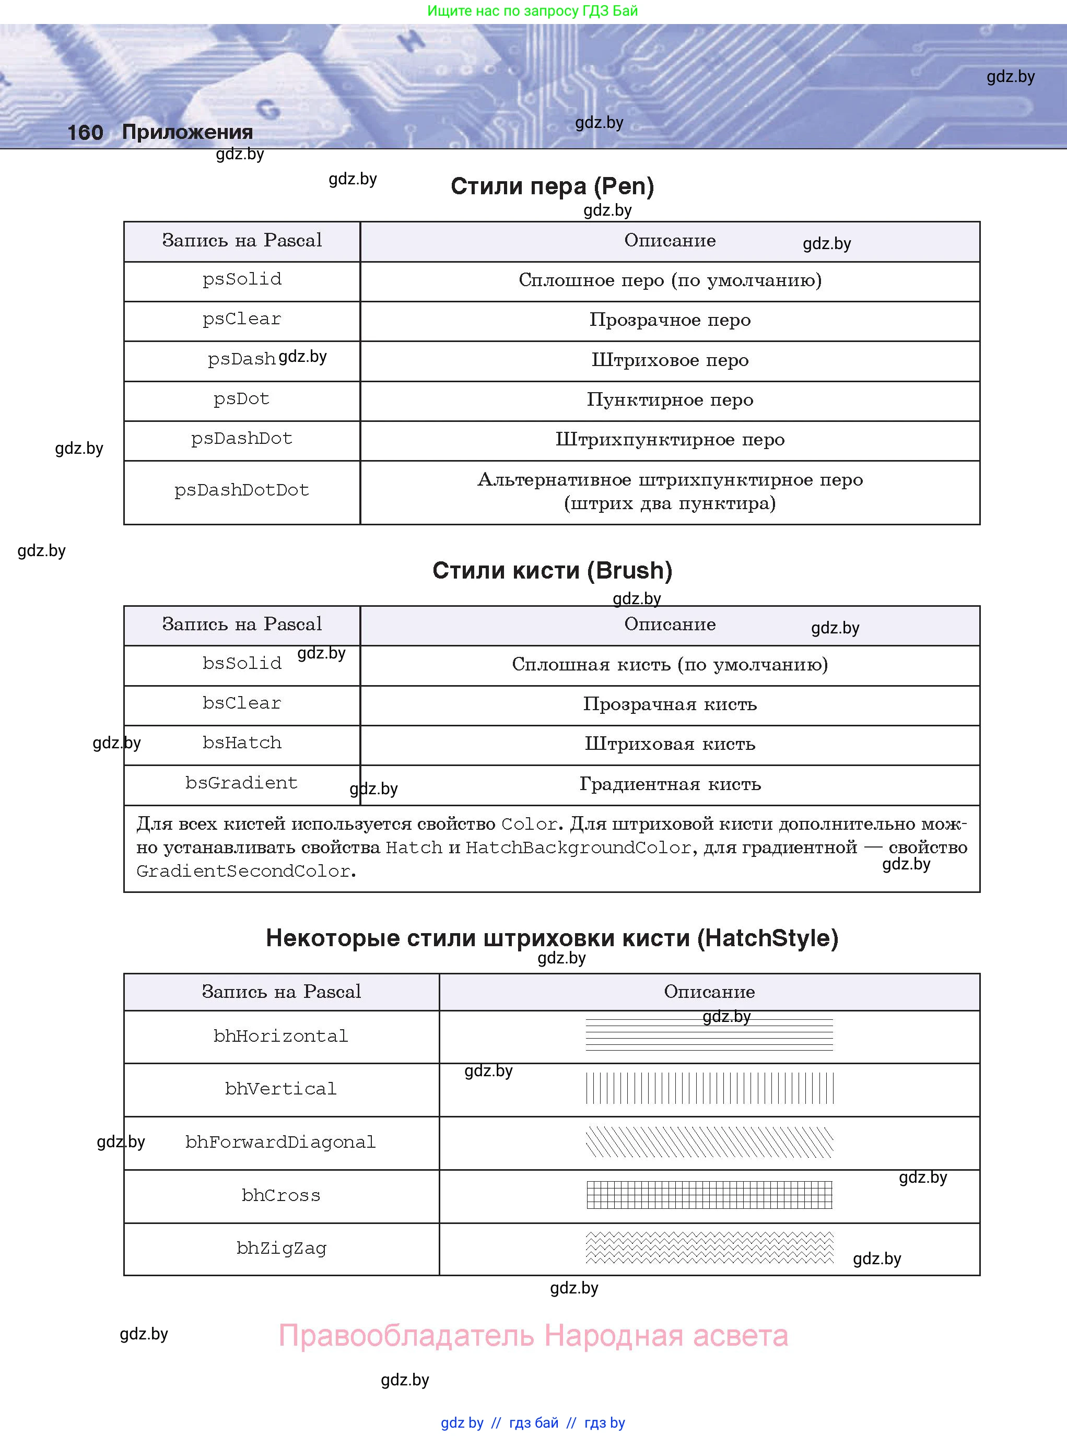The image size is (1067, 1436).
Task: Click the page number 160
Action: click(x=85, y=132)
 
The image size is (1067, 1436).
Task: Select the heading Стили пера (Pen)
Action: click(x=552, y=186)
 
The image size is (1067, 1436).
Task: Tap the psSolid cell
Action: click(x=242, y=279)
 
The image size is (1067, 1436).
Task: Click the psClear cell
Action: click(x=242, y=320)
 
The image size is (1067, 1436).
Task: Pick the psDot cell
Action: click(x=242, y=399)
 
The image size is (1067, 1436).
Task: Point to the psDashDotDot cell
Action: click(x=242, y=490)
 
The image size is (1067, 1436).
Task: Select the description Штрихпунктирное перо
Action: click(x=670, y=440)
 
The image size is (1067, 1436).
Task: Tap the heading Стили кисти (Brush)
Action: click(x=552, y=570)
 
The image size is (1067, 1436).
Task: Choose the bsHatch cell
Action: click(x=242, y=743)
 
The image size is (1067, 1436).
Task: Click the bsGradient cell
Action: click(x=242, y=783)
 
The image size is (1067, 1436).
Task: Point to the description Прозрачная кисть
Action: click(x=670, y=704)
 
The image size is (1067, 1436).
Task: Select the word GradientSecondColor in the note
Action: click(x=243, y=871)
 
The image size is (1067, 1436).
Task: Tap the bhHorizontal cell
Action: click(x=281, y=1037)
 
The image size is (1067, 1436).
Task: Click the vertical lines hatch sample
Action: click(x=709, y=1088)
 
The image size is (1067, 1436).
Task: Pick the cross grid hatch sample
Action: click(x=709, y=1195)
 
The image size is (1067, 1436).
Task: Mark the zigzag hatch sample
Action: click(x=709, y=1247)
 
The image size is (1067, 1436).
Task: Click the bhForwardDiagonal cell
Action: click(x=281, y=1142)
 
